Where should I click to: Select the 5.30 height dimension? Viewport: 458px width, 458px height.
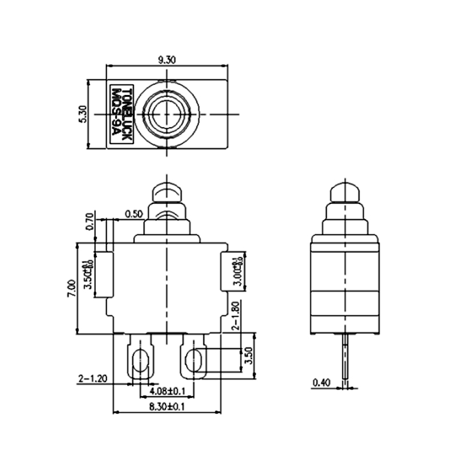(82, 114)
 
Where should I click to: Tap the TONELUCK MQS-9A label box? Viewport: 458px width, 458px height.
(121, 114)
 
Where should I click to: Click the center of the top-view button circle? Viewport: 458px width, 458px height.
(166, 114)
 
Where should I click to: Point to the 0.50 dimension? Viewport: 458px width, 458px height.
(133, 215)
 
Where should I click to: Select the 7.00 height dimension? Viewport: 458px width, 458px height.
(70, 288)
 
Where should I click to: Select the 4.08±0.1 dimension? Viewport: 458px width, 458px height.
(166, 392)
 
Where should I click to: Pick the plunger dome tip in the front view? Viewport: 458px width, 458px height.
(166, 189)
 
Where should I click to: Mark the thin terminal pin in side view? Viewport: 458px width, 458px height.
(346, 361)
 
